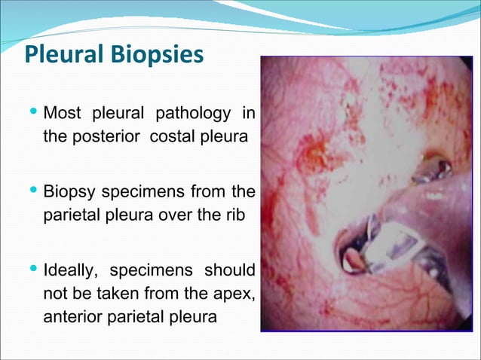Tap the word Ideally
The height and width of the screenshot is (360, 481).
pyautogui.click(x=71, y=270)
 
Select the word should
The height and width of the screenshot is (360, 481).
pyautogui.click(x=229, y=270)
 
